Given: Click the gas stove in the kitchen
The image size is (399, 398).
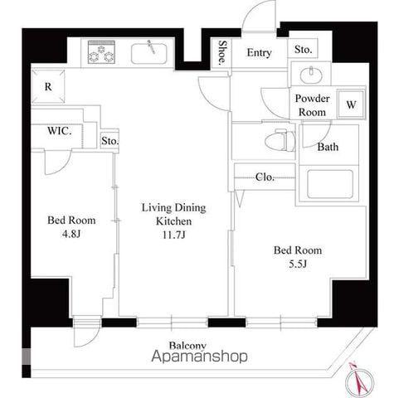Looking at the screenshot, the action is (101, 52).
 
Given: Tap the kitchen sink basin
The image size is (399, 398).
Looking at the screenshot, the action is (149, 54).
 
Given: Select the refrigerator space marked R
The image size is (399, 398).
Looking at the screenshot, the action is (48, 86).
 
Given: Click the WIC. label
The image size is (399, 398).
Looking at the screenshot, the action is (60, 131).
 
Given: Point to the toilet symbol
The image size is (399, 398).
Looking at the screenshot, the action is (280, 140).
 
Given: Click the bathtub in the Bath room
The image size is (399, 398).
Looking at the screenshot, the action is (330, 184).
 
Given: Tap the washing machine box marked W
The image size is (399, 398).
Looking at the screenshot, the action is (351, 104).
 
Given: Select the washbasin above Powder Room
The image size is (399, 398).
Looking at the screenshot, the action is (311, 74).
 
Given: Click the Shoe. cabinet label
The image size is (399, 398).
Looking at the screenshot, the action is (222, 53).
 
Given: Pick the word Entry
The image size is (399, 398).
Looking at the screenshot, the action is (259, 53).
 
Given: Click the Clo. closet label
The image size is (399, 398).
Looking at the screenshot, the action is (265, 177).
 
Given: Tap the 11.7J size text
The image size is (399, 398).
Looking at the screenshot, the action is (173, 235).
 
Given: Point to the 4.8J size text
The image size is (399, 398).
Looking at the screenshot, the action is (71, 234).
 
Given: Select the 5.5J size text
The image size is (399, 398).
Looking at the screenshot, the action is (298, 265).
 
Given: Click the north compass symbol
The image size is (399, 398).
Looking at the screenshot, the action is (359, 381).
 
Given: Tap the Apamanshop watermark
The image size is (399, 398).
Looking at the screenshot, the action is (199, 357).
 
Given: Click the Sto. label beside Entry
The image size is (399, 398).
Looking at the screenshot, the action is (303, 50).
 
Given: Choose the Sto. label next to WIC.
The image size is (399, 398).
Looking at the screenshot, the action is (109, 141).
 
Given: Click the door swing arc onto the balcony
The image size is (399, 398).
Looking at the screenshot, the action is (93, 339).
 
